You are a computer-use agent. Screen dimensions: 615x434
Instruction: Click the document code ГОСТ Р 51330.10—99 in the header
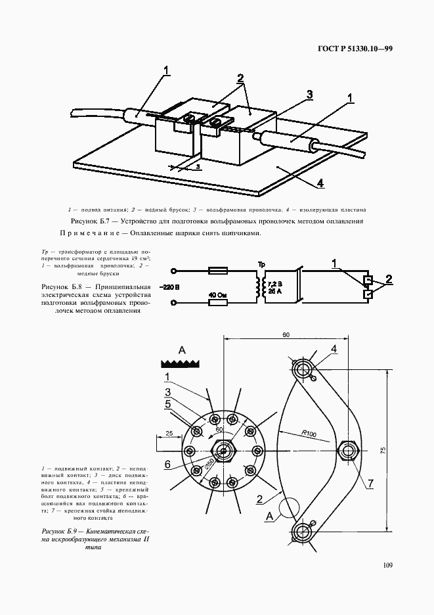pos(355,48)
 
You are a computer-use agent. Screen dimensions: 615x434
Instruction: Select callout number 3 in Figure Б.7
pos(309,94)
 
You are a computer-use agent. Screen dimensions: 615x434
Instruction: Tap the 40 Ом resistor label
pos(218,294)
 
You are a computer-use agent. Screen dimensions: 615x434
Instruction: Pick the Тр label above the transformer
pos(262,265)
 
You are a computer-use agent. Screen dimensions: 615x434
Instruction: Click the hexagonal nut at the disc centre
pos(225,451)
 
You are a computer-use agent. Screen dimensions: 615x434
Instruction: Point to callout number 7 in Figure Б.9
pos(370,483)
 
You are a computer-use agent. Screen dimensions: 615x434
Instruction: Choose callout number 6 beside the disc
pos(167,464)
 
